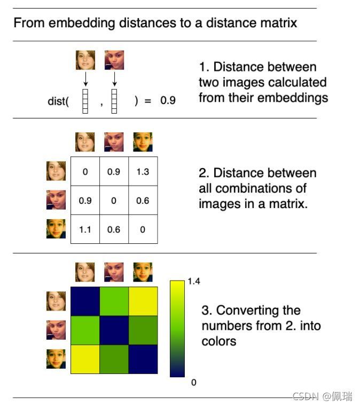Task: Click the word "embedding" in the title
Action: pos(82,23)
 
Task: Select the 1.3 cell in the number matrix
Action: pos(143,171)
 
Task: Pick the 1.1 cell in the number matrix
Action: pos(85,229)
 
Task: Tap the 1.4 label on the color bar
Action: pos(194,281)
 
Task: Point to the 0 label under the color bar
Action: pos(194,383)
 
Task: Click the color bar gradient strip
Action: pos(177,329)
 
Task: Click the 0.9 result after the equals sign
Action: pos(168,100)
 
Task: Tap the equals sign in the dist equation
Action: pos(148,101)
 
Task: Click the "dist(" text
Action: pos(58,101)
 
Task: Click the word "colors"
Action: pos(219,341)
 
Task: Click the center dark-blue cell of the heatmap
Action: pos(114,330)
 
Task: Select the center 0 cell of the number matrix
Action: pos(114,201)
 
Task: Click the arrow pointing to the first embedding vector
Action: pos(85,79)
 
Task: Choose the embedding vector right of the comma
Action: pos(114,101)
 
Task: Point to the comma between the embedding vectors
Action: pos(101,105)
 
